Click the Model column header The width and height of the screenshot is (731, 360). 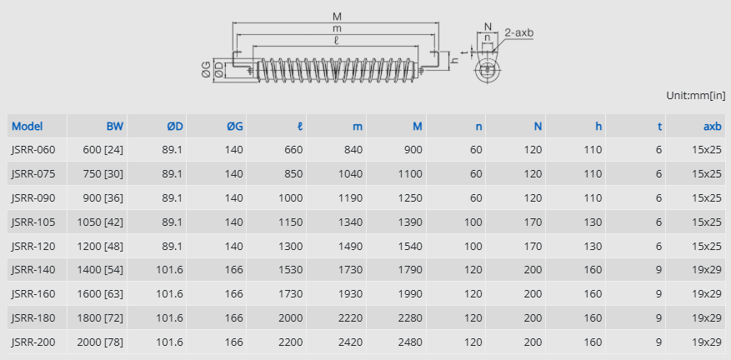[27, 127]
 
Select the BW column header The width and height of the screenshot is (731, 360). [115, 127]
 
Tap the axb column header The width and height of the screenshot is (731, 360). [713, 127]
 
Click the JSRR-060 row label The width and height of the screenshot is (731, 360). [33, 150]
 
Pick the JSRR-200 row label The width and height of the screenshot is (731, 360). [33, 342]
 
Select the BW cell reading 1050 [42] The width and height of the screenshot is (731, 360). [100, 222]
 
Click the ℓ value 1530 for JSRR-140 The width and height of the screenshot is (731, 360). [290, 269]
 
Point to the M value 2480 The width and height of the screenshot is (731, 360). [410, 342]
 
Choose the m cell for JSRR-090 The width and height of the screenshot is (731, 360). [350, 197]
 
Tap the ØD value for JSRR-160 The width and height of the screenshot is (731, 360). [169, 294]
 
